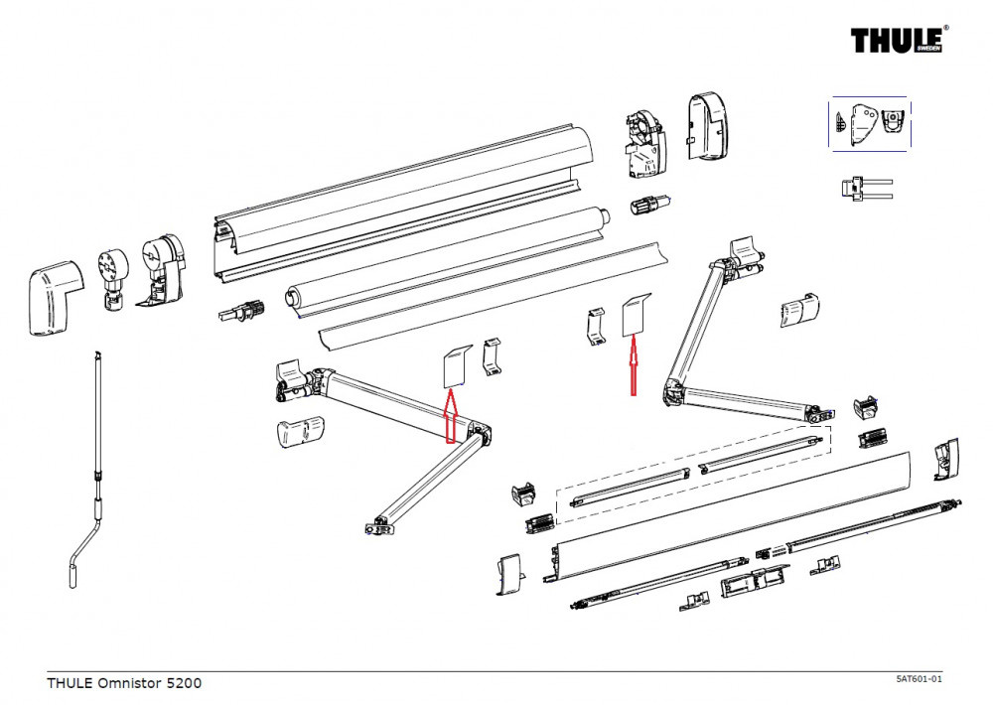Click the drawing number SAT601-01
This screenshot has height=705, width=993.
(918, 678)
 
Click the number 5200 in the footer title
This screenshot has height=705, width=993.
(183, 683)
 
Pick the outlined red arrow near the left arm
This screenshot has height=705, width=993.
(449, 415)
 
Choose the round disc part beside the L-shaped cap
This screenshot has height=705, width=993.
(112, 272)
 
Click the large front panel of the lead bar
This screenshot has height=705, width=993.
(735, 516)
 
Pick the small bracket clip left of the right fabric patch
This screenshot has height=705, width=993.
(595, 327)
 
